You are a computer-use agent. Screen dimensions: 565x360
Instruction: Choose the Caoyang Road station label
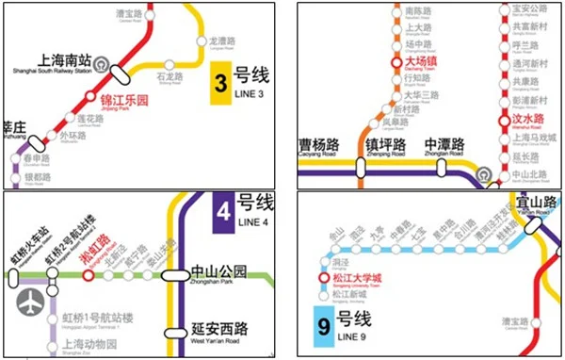coord(319,148)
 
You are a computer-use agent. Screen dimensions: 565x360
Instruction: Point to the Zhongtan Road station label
coord(444,148)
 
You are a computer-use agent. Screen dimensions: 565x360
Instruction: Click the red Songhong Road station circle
coord(88,276)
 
